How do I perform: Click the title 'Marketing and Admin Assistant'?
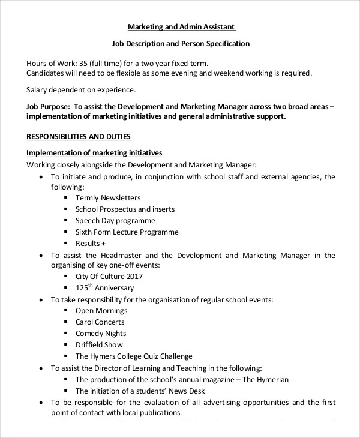tap(182, 27)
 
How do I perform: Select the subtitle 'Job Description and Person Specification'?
tap(181, 44)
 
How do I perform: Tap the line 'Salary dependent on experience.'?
tap(82, 90)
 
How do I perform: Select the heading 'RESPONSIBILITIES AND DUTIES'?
tap(79, 136)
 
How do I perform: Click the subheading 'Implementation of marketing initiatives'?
tap(94, 153)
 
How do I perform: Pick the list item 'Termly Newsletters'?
tap(108, 197)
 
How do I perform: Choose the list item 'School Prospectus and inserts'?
tap(125, 209)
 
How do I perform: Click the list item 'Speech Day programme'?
tap(112, 221)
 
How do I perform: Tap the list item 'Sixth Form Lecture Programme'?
tap(127, 232)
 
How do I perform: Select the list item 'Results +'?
tap(91, 244)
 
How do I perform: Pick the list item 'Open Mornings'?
tap(101, 311)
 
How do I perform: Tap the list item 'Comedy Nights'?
tap(101, 334)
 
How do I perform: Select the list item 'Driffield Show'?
tap(99, 345)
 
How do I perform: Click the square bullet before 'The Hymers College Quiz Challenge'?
tap(65, 356)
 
